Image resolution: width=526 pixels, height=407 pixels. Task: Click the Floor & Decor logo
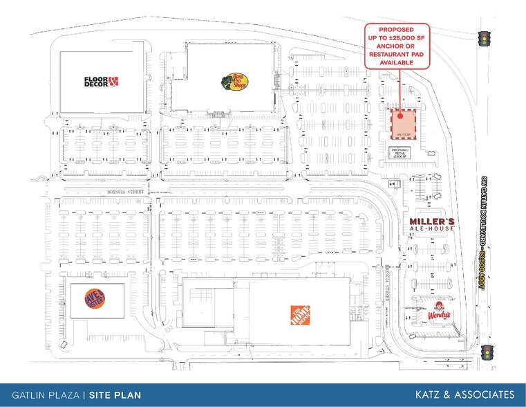(x=102, y=82)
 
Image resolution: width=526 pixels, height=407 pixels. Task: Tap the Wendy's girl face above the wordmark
(x=437, y=305)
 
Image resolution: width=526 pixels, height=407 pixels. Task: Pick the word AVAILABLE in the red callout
(x=397, y=62)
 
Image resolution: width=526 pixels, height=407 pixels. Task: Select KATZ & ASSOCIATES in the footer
(x=464, y=395)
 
